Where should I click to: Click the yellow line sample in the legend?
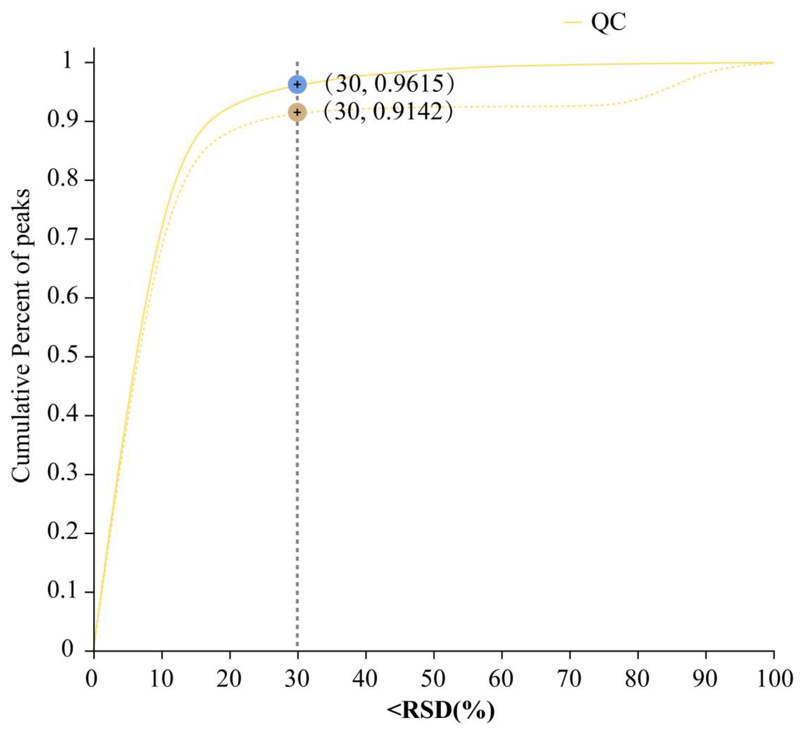click(573, 23)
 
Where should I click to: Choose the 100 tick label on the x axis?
click(774, 679)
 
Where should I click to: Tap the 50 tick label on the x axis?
click(434, 679)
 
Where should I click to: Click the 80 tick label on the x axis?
click(638, 679)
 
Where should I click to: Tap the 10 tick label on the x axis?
click(162, 679)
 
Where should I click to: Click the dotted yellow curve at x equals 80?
click(638, 99)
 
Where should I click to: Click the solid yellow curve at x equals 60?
click(502, 66)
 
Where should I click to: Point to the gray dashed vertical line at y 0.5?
click(297, 357)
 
